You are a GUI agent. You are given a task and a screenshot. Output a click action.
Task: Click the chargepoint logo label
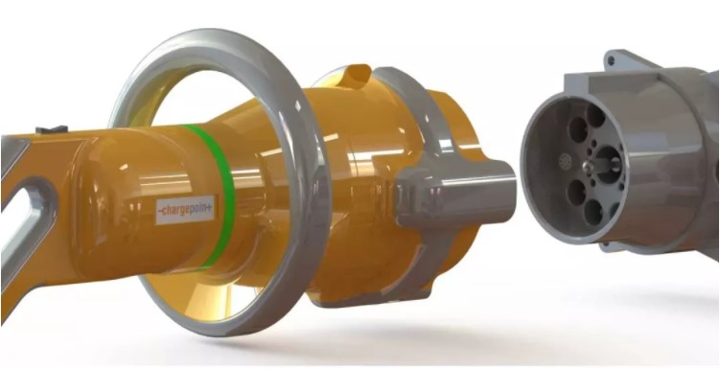[x=185, y=210]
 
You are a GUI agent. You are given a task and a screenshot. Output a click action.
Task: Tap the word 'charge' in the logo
[x=177, y=211]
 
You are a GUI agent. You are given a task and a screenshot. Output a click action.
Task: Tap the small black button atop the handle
[x=52, y=129]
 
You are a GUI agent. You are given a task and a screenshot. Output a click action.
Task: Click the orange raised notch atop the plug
[x=356, y=76]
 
